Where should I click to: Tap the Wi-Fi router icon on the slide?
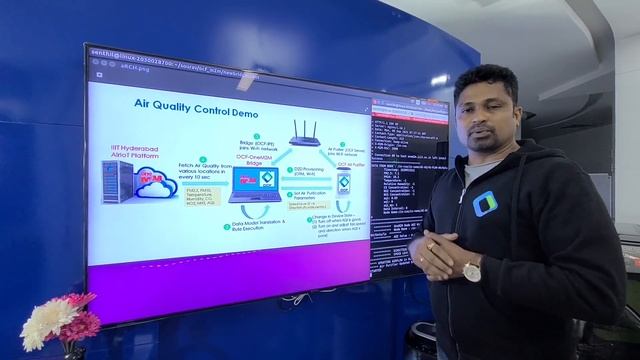(303, 131)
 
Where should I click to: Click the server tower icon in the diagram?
(118, 185)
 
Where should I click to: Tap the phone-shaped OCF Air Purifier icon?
(343, 182)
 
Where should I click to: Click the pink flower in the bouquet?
(78, 324)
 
